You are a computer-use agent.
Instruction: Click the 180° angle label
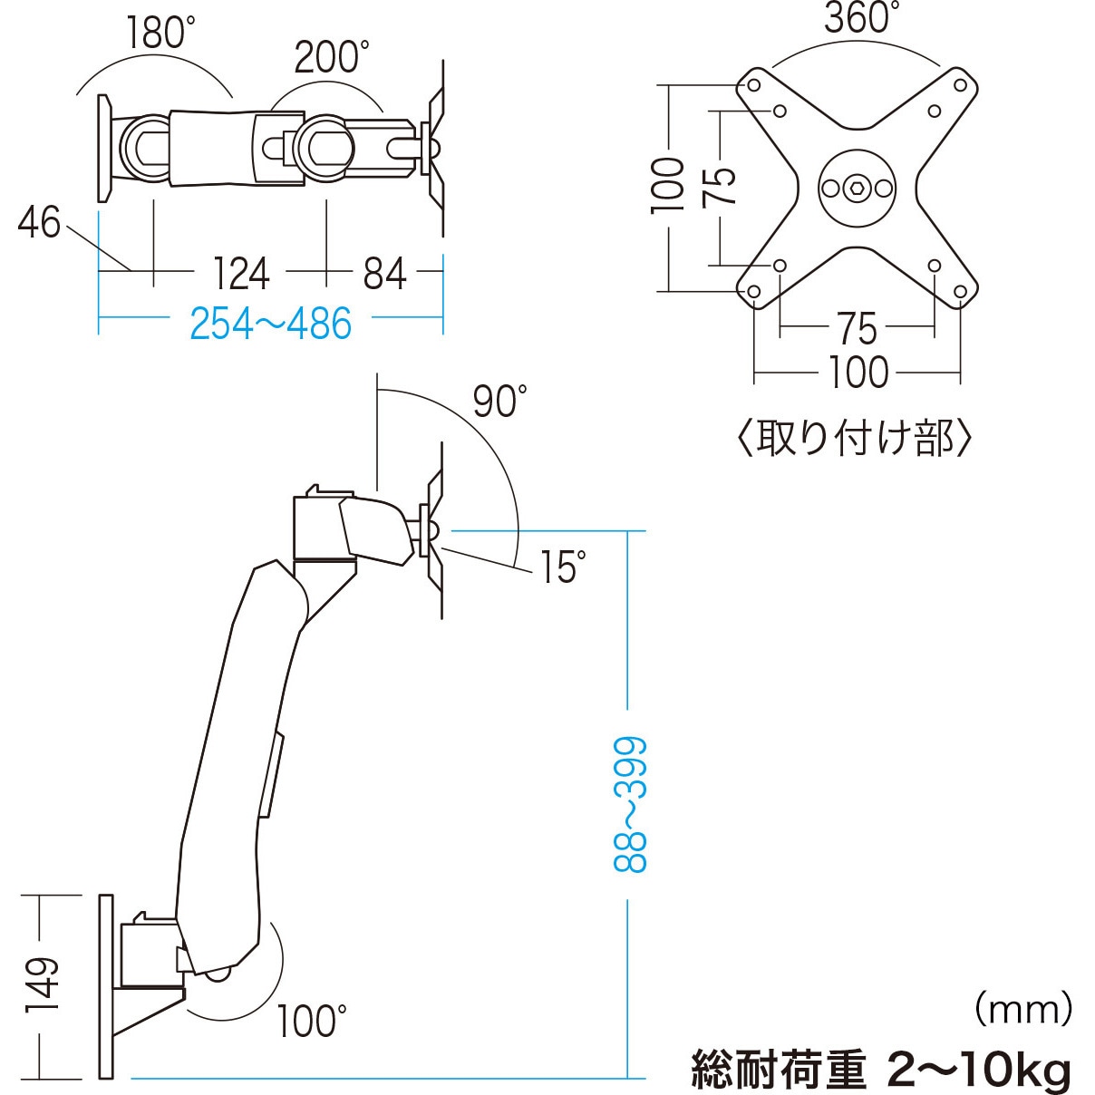[160, 34]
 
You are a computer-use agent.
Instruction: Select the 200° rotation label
[331, 57]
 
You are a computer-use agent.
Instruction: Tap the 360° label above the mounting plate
[861, 18]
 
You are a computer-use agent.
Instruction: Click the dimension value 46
[39, 223]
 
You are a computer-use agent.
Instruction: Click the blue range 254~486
[270, 324]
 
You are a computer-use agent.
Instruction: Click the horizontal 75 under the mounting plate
[857, 328]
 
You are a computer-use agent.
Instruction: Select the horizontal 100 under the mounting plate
[858, 373]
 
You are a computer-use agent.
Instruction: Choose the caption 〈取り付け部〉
[854, 439]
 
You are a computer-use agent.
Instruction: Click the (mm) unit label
[1023, 1008]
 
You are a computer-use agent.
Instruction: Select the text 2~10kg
[980, 1070]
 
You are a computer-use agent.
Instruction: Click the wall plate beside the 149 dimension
[106, 986]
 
